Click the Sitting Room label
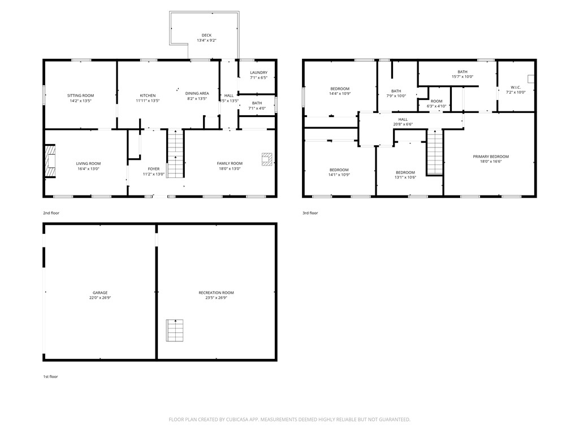80,96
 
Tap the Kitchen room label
148,96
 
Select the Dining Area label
197,93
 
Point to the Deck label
206,35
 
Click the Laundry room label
258,72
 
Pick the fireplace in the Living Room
51,163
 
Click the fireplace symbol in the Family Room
267,159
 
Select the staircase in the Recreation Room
175,331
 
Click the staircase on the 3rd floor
434,152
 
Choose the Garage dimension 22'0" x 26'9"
100,298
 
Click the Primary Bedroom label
491,157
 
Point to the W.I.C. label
515,87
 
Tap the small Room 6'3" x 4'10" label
436,101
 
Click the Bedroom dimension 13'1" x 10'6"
405,177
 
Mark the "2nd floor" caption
51,213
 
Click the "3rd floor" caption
310,213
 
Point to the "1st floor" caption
50,376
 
